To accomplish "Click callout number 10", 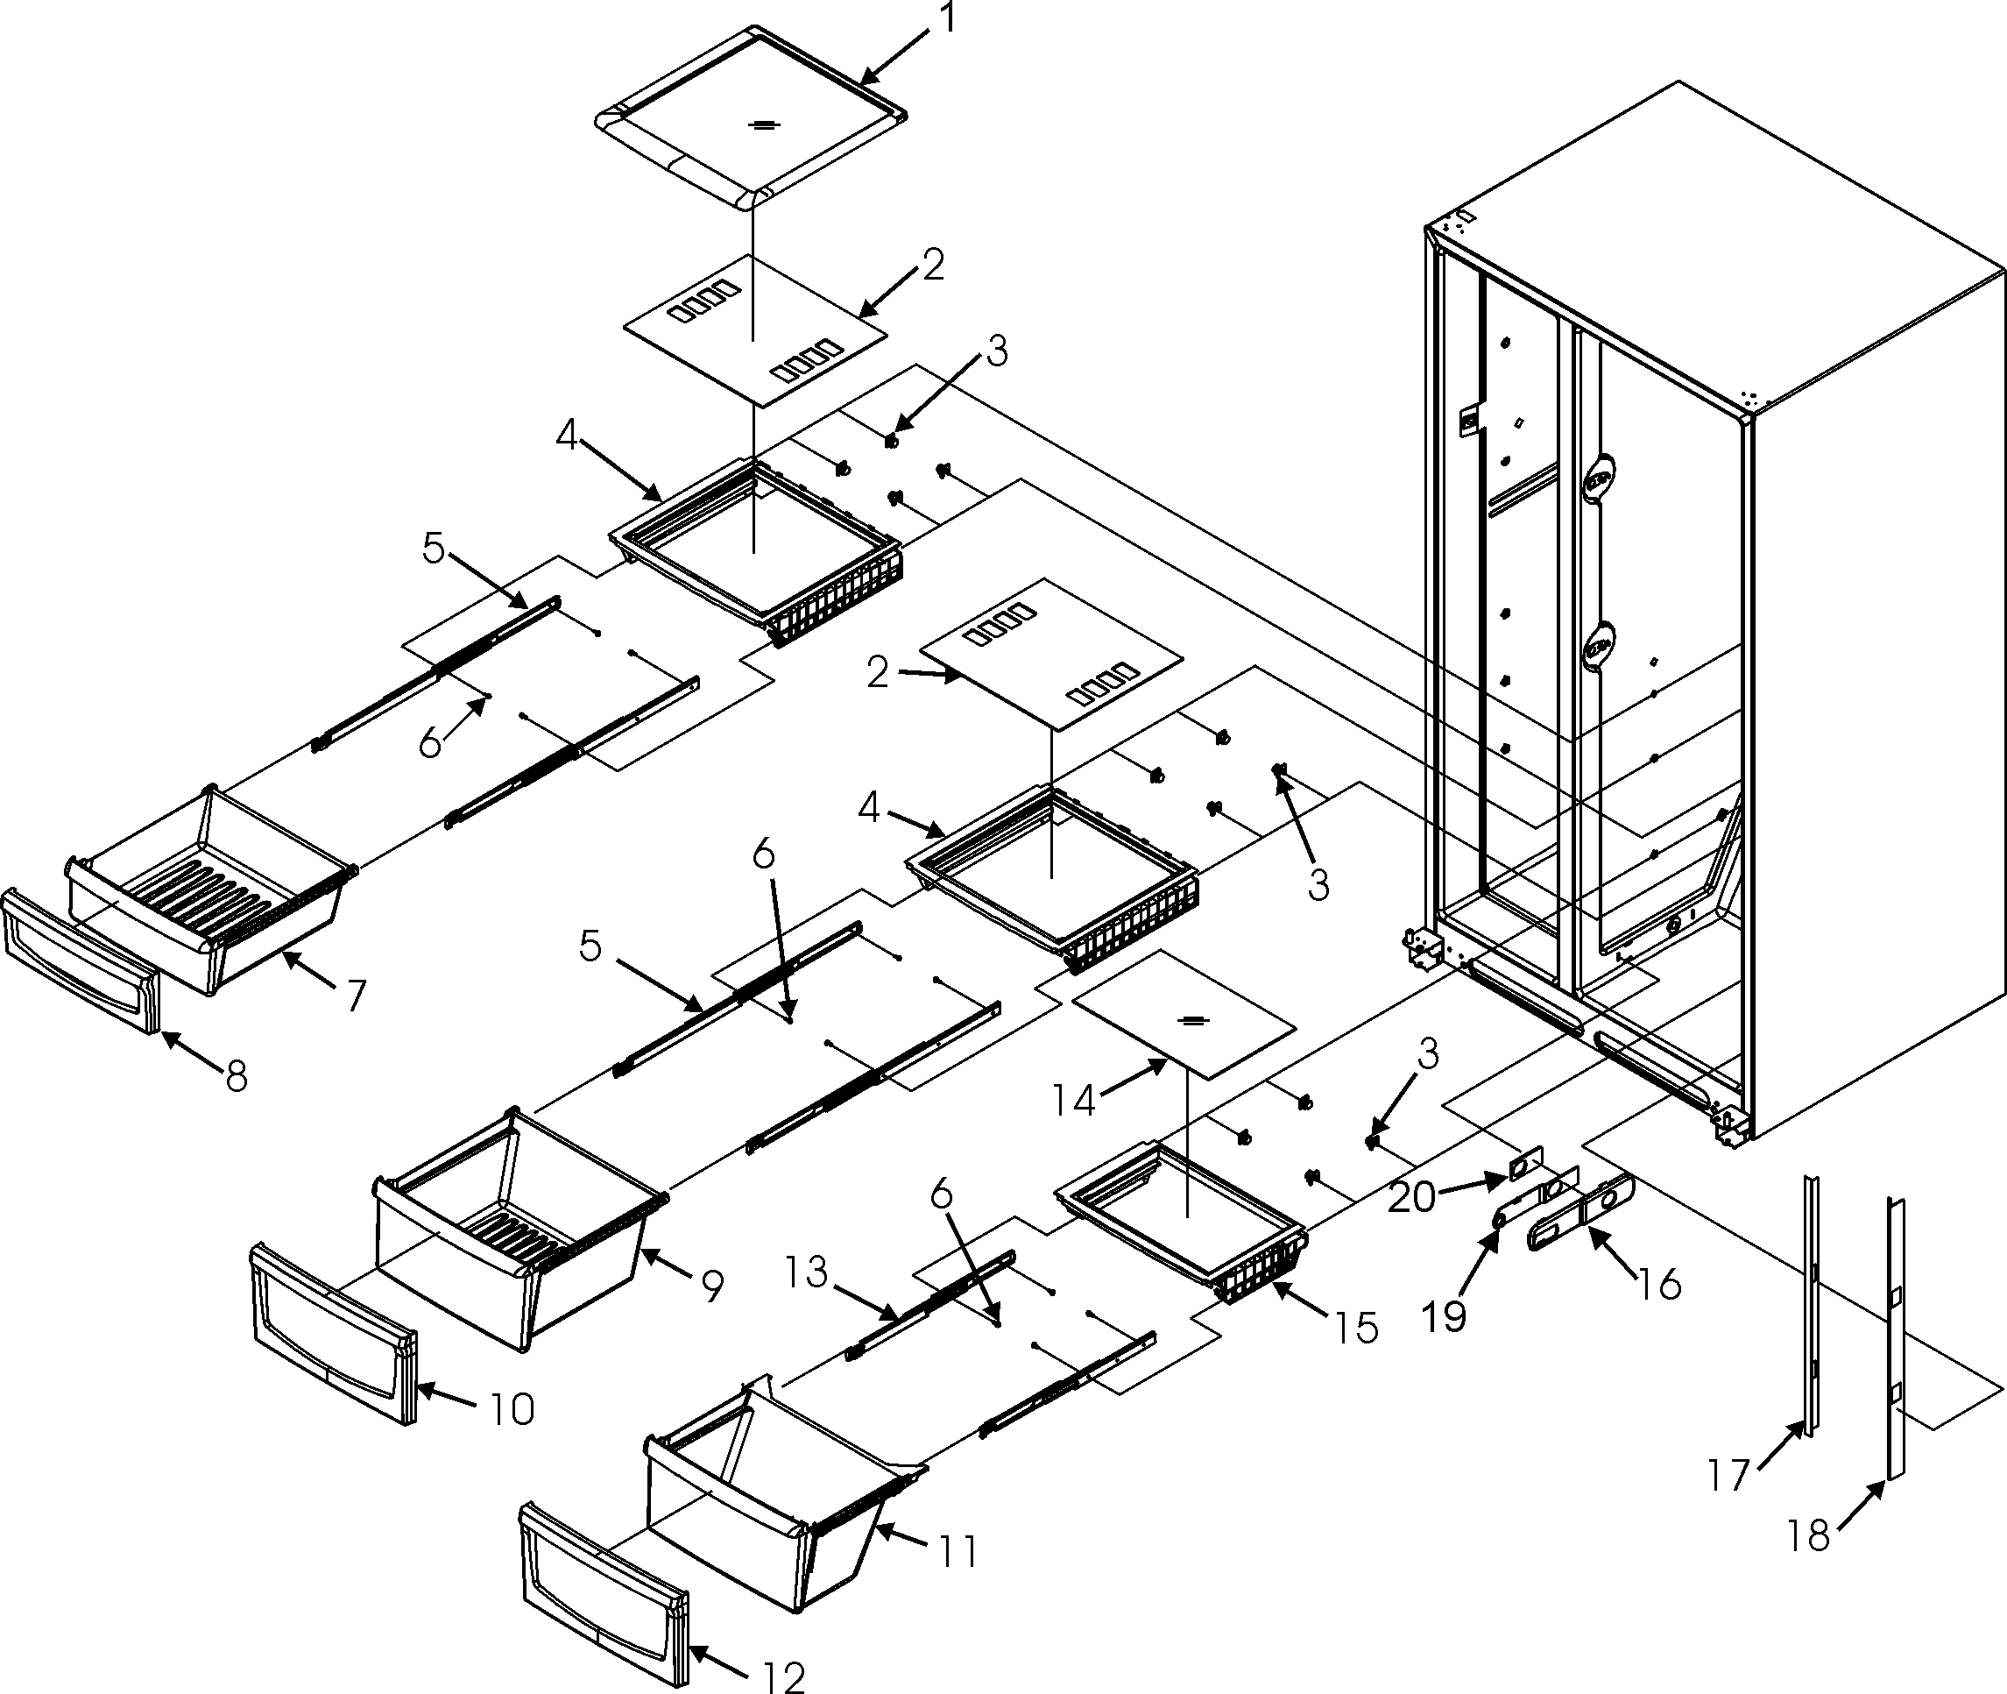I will point(512,1410).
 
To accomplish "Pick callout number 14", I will point(1072,1101).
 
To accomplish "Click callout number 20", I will point(1412,1196).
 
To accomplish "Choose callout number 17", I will point(1728,1474).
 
